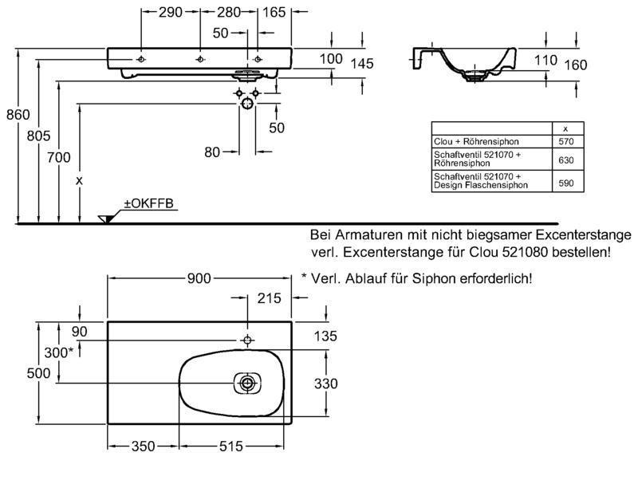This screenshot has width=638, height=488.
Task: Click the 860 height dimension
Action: pyautogui.click(x=18, y=115)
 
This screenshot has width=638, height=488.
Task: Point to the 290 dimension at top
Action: pyautogui.click(x=170, y=12)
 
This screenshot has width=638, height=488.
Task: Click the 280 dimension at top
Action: pyautogui.click(x=229, y=12)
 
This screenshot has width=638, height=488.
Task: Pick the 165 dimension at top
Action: pyautogui.click(x=274, y=12)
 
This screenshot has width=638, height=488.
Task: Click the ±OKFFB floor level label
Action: pyautogui.click(x=148, y=205)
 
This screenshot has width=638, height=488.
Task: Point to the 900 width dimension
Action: pyautogui.click(x=199, y=278)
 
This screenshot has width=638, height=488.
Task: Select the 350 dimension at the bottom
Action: pyautogui.click(x=143, y=447)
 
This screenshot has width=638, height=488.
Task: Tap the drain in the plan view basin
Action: pyautogui.click(x=248, y=384)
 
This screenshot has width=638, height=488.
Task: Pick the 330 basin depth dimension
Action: pyautogui.click(x=325, y=384)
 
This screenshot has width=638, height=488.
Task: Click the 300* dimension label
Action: pyautogui.click(x=59, y=352)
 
